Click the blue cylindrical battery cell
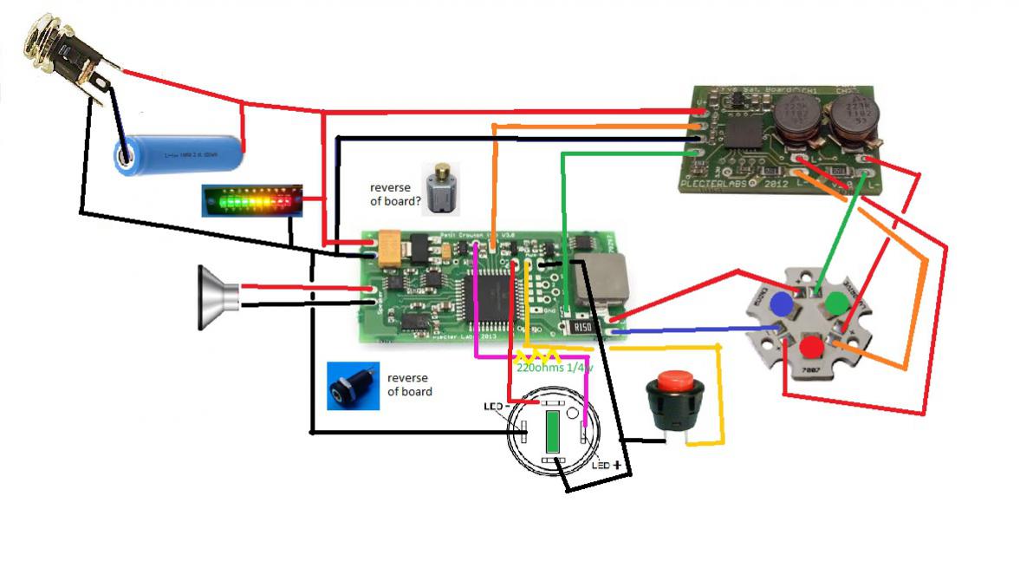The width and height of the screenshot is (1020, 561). coord(180,154)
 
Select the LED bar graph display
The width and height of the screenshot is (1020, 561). coord(250,200)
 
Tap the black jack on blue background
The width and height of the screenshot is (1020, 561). coord(352,386)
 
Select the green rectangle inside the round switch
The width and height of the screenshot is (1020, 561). coord(552,432)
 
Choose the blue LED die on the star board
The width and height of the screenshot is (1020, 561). coord(781,303)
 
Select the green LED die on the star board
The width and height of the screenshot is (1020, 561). coord(835,303)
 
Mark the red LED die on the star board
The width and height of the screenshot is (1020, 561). coord(811,348)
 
